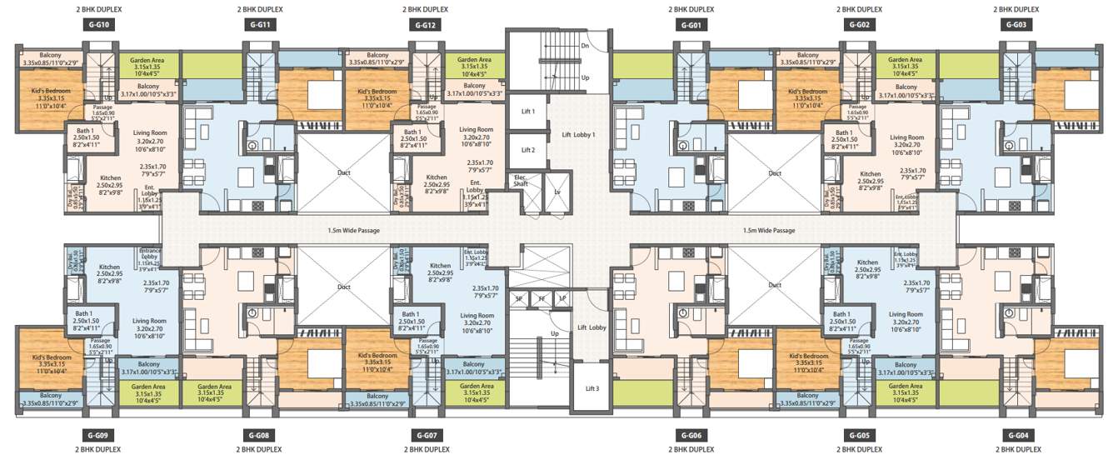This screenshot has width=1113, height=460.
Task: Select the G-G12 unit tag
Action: point(425,25)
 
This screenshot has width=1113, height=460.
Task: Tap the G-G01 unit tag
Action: point(691,25)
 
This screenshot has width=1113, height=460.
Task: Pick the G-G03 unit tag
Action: point(1016,25)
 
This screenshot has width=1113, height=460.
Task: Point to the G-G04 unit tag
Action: point(1016,436)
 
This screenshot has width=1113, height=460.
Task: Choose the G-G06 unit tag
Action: point(691,436)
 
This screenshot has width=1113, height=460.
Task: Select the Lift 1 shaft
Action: point(527,111)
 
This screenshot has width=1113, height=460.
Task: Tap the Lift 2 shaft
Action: point(527,150)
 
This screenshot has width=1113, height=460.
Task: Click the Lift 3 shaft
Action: point(592,388)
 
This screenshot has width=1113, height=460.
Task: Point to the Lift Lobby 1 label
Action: point(578,134)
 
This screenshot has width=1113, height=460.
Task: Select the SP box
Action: point(518,297)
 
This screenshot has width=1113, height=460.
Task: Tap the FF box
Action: point(541,297)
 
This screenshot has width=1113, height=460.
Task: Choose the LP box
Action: point(562,297)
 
